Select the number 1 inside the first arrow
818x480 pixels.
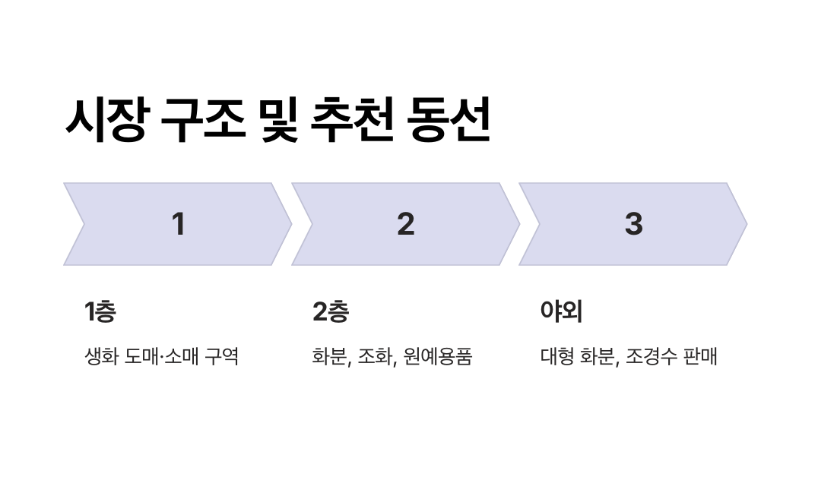(x=178, y=224)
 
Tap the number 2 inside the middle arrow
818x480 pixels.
(x=406, y=224)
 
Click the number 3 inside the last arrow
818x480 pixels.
(x=633, y=224)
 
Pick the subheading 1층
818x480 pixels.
(x=100, y=311)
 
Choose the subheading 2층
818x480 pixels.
(x=330, y=311)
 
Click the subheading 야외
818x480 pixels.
(x=560, y=311)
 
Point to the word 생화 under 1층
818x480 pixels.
(x=100, y=356)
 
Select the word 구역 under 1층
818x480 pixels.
(x=222, y=356)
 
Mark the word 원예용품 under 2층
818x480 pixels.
(x=438, y=356)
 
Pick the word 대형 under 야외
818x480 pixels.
(x=556, y=356)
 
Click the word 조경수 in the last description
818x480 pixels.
(x=650, y=356)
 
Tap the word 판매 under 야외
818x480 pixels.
(x=702, y=356)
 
